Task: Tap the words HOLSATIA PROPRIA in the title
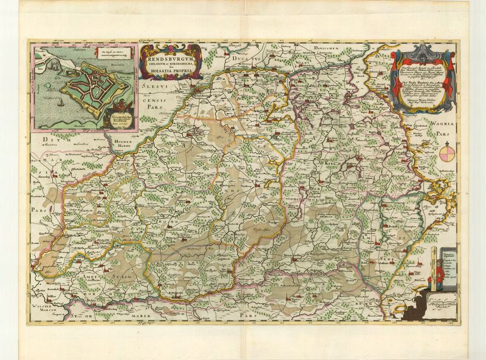[x=167, y=72]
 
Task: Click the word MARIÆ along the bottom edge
[x=149, y=317]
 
